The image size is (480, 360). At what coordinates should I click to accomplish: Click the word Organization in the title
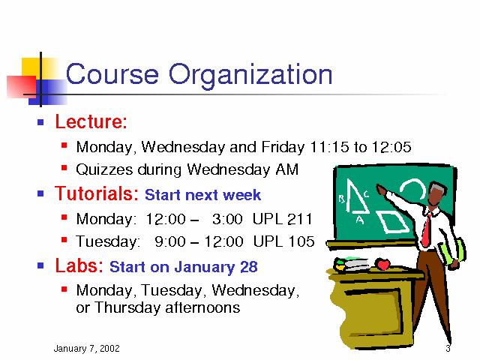[x=250, y=75]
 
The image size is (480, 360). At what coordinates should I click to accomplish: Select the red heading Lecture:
[x=91, y=121]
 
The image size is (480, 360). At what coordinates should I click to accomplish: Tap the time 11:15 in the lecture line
[x=329, y=147]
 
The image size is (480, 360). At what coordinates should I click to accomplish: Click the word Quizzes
[x=104, y=170]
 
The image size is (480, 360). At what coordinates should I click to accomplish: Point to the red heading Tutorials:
[x=97, y=193]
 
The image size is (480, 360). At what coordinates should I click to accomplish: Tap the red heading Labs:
[x=79, y=265]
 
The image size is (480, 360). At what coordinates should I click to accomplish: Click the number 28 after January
[x=248, y=267]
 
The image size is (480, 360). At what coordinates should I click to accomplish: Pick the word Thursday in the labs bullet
[x=127, y=307]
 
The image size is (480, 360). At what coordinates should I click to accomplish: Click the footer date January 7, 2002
[x=87, y=348]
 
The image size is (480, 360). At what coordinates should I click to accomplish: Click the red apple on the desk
[x=382, y=264]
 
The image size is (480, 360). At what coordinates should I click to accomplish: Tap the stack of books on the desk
[x=352, y=264]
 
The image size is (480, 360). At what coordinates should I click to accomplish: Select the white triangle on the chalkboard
[x=356, y=196]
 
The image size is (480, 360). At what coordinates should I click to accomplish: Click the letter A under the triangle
[x=360, y=220]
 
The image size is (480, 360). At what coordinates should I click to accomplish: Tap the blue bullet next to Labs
[x=40, y=265]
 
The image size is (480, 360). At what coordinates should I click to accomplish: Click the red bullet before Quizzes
[x=64, y=168]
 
